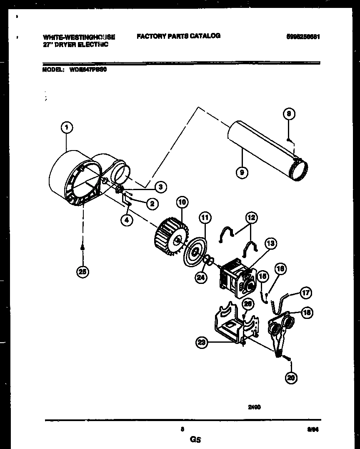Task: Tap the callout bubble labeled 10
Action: point(182,203)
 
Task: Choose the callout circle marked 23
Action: point(202,343)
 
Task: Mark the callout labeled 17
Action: point(306,293)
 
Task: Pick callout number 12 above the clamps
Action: point(251,217)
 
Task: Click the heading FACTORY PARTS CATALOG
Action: point(178,36)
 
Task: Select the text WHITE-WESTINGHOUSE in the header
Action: point(79,37)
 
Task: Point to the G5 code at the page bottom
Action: point(195,439)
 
